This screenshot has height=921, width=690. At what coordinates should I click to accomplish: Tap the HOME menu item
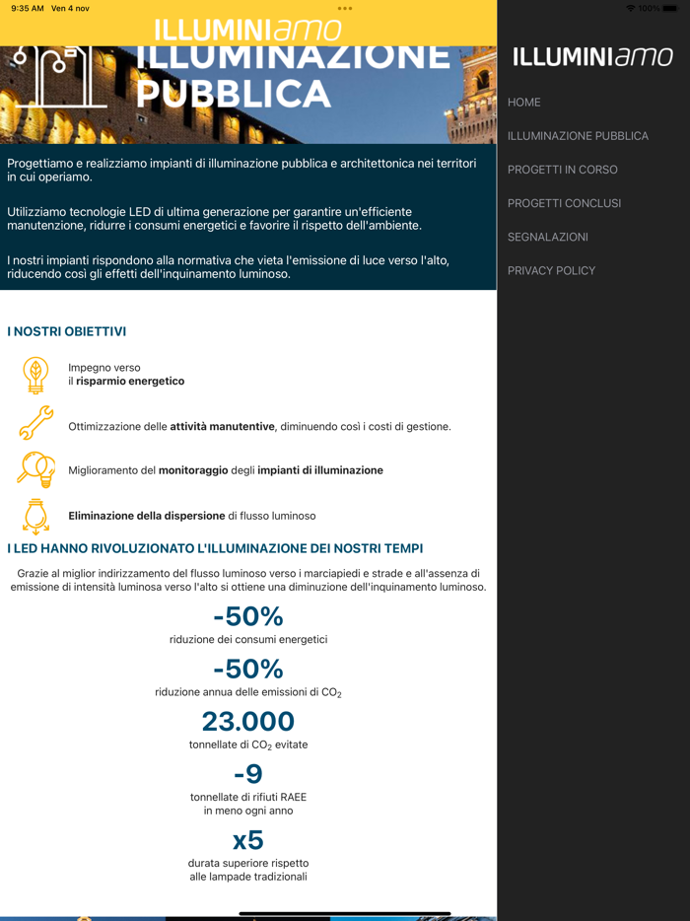point(524,103)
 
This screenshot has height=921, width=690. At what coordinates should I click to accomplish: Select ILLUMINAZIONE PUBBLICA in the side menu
point(578,136)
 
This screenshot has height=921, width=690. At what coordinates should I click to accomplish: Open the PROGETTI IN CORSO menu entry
point(562,170)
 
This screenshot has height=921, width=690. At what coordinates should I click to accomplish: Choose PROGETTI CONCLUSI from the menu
point(564,203)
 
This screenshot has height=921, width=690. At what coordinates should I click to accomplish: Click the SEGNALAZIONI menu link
point(547,237)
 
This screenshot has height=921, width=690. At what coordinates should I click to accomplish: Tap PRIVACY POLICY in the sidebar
point(551,270)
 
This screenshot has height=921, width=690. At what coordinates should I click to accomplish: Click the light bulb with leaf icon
point(35,375)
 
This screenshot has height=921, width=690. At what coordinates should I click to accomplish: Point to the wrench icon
point(35,423)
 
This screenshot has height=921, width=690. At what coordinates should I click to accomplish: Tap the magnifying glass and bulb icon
point(35,469)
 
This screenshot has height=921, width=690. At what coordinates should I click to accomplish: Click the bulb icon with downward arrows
point(35,516)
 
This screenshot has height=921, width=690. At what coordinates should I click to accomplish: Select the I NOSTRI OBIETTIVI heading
point(67,332)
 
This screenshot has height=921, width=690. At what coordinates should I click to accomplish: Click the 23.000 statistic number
point(248,722)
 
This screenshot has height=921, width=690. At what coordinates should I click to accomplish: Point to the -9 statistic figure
point(248,774)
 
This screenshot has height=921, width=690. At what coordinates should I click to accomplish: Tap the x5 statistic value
point(248,840)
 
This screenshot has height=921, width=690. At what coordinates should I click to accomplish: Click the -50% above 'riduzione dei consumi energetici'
point(248,616)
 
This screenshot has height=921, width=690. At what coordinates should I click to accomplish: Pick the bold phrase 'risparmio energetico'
point(130,381)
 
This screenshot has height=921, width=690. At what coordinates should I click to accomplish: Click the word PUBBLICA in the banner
point(233,95)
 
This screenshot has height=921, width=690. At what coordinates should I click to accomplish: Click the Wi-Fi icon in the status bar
point(631,8)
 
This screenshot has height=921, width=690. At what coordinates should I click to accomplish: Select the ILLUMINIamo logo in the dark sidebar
point(592,58)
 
